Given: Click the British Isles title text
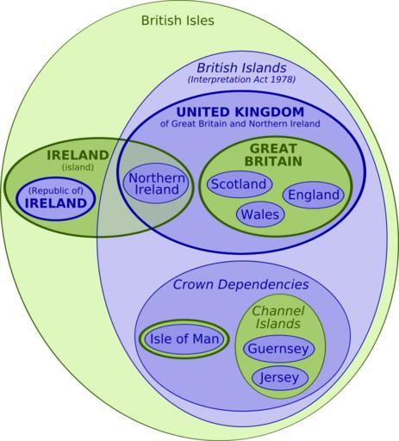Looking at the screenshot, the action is [178, 21].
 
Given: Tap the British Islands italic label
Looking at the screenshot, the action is [241, 68].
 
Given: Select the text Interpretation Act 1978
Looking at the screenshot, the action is [241, 79].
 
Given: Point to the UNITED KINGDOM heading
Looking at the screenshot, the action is [240, 112].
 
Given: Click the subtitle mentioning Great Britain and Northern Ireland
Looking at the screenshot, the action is [240, 124].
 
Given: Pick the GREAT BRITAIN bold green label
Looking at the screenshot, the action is [273, 155].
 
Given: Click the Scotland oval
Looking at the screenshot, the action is [240, 184].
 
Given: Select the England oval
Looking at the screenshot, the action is [314, 195].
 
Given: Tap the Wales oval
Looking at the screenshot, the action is [260, 214].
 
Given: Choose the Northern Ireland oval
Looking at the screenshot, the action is [156, 183].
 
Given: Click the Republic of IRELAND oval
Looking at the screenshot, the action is [55, 199].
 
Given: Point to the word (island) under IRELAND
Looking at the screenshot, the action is [78, 167].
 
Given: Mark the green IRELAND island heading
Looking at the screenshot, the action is [78, 155].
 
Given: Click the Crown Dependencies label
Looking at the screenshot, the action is [240, 284].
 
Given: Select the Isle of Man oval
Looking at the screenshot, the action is [184, 339].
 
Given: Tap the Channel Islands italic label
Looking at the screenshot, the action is [278, 317].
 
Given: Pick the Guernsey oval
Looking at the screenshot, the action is [278, 349].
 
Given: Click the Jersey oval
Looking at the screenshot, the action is [280, 378].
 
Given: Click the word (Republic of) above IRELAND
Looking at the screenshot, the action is [56, 190].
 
